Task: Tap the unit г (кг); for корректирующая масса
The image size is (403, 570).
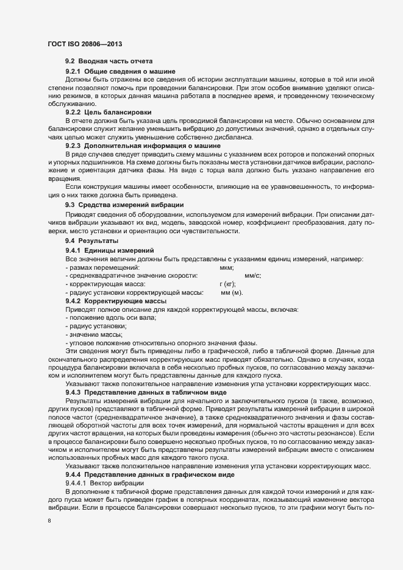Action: [228, 284]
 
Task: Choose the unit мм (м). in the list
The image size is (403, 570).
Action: [232, 293]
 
